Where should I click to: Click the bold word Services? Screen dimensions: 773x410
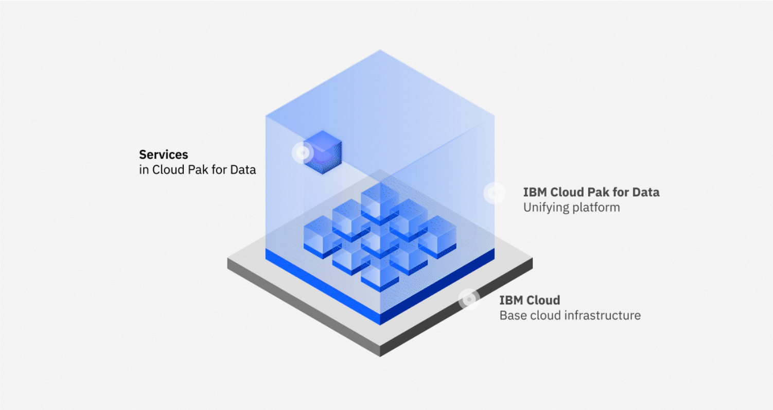[x=164, y=155]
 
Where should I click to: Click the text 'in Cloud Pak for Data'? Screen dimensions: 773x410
[x=198, y=169]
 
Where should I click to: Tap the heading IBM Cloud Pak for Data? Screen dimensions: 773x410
[x=591, y=192]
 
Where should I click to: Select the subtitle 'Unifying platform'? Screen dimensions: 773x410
[x=571, y=208]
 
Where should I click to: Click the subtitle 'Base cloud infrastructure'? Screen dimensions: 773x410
[x=570, y=315]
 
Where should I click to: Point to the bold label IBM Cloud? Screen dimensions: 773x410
[x=530, y=300]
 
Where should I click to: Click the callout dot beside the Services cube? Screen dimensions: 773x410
[x=303, y=152]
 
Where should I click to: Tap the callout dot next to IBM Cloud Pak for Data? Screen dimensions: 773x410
[x=494, y=193]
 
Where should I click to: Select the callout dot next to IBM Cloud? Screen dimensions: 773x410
[x=469, y=299]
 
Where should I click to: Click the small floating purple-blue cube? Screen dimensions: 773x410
[x=323, y=152]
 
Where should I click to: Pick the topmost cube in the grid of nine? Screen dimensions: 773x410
[x=380, y=204]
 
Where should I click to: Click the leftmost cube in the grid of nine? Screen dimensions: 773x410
[x=323, y=237]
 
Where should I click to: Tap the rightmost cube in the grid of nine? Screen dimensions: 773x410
[x=437, y=237]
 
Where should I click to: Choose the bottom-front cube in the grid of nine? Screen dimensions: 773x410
[x=380, y=271]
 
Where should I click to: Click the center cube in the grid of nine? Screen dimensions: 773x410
[x=380, y=237]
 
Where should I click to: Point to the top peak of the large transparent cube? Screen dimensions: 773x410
[x=380, y=50]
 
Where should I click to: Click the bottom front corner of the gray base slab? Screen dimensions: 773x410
[x=380, y=356]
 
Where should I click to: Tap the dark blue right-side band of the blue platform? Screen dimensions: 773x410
[x=437, y=287]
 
